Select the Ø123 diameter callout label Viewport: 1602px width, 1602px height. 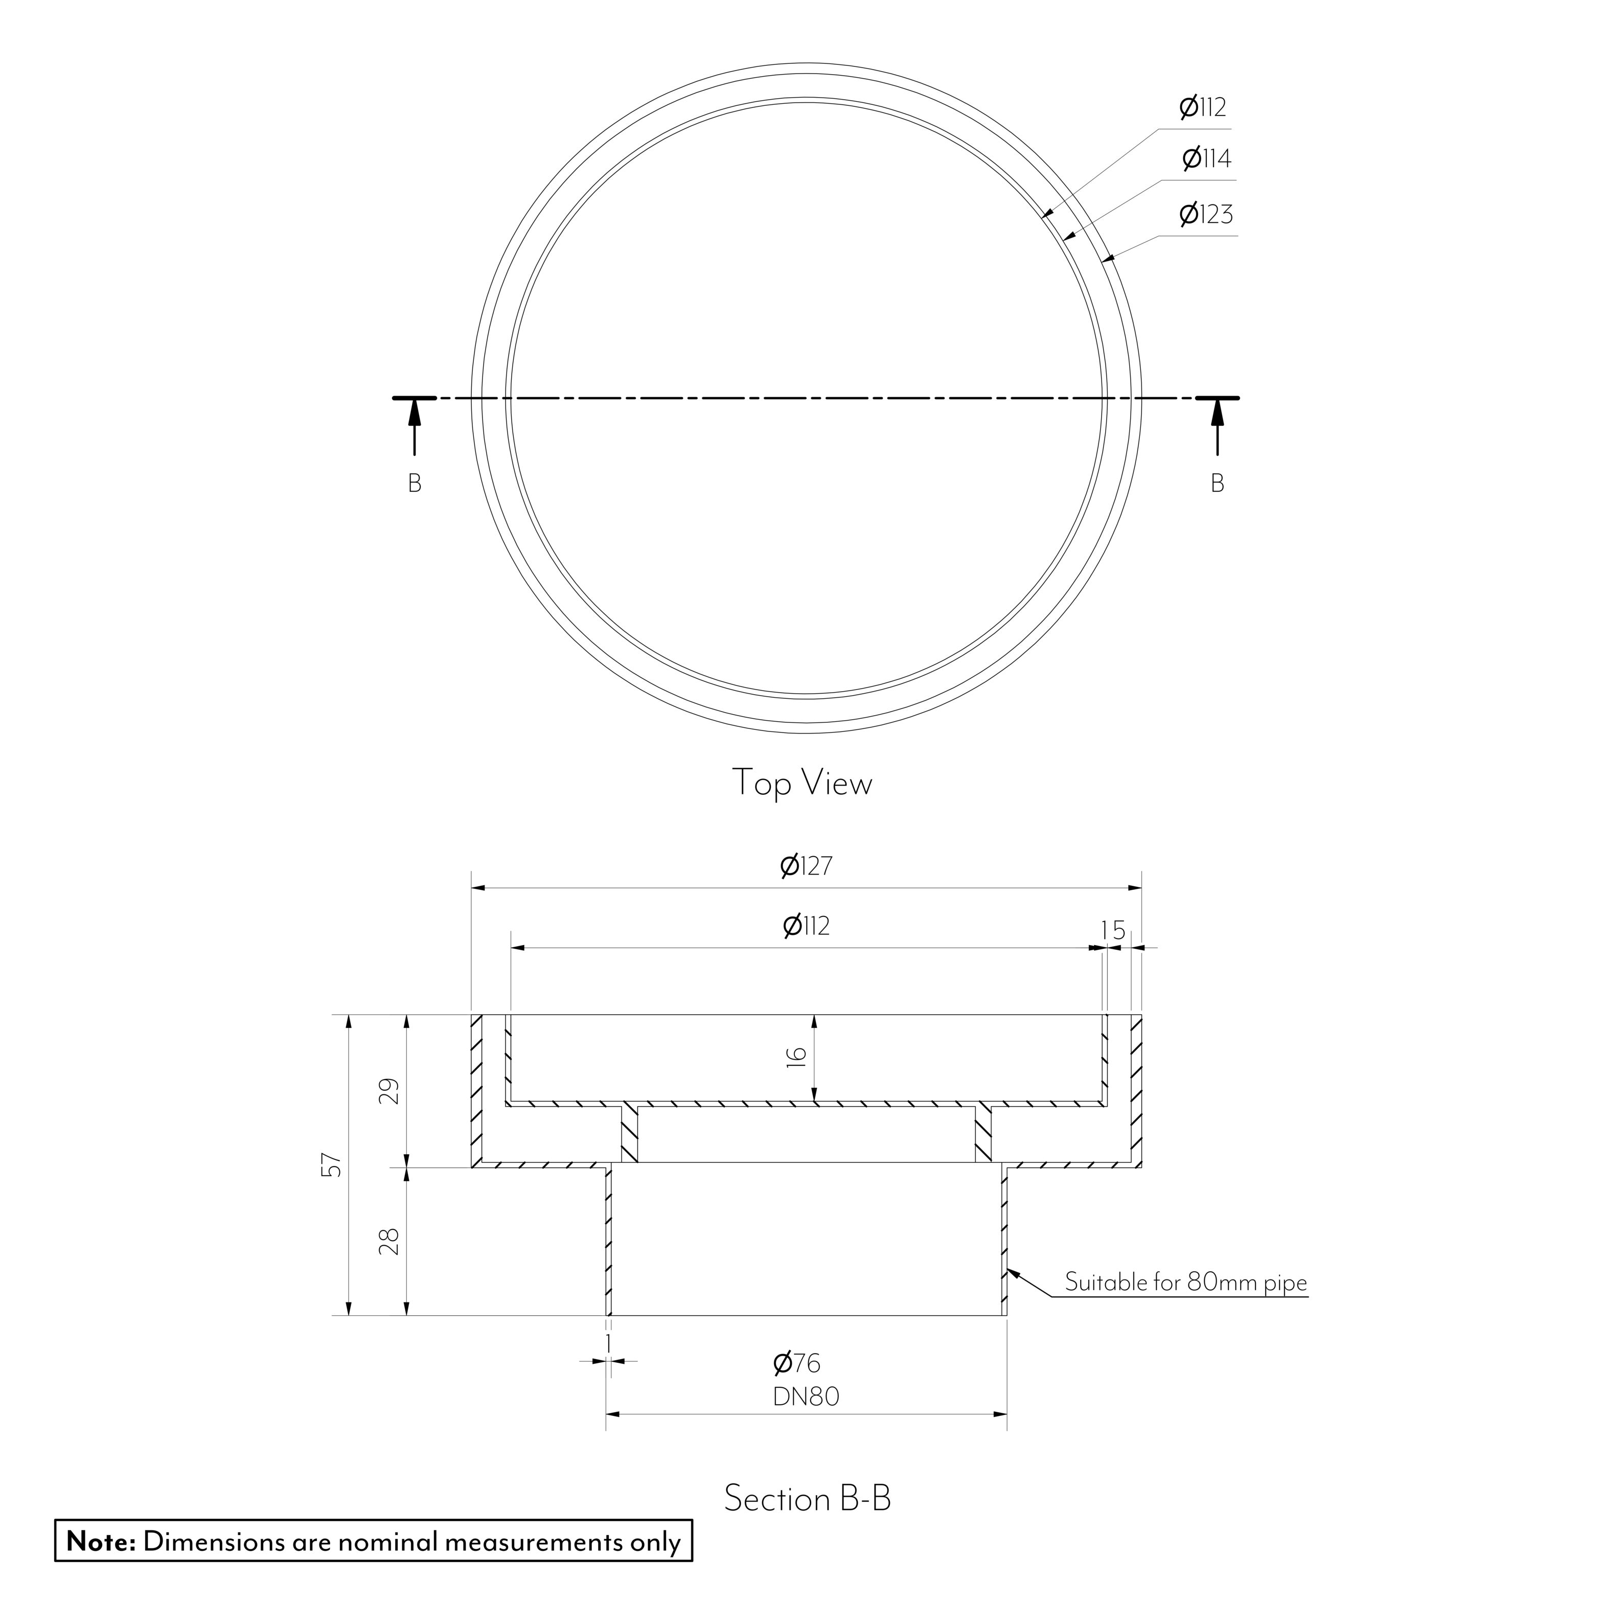(x=1206, y=214)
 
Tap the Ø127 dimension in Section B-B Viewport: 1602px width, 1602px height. (x=806, y=866)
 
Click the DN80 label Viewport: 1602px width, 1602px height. (x=806, y=1397)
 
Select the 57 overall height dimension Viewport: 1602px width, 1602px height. (x=332, y=1165)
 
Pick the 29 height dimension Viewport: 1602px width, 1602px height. (x=390, y=1091)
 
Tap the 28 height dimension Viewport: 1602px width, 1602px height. (x=390, y=1241)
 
